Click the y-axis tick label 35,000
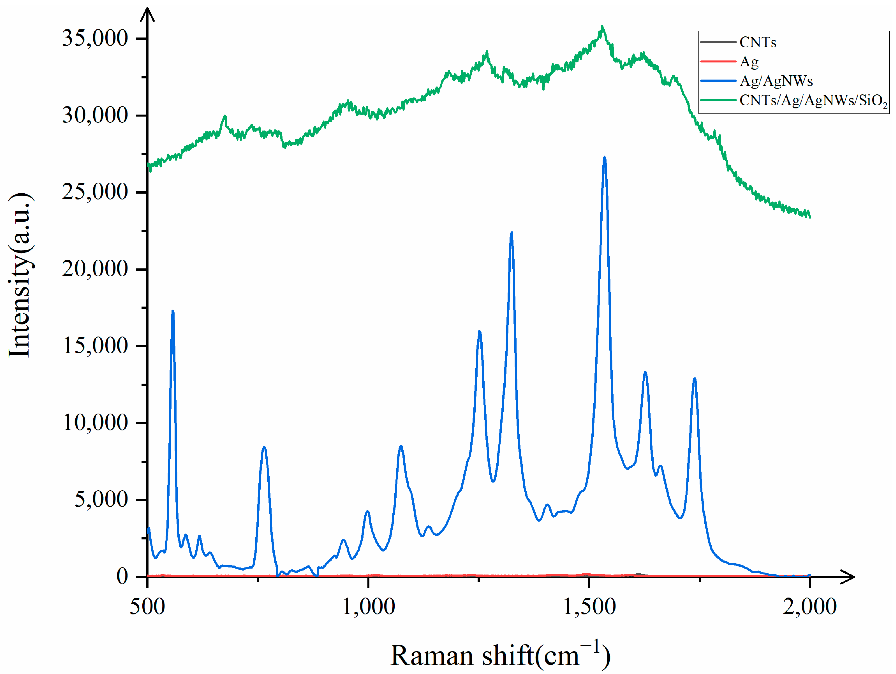pos(95,38)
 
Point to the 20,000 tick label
pos(95,269)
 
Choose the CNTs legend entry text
pos(757,42)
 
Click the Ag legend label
pos(749,62)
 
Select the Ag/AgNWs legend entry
pos(776,81)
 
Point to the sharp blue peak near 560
pos(173,312)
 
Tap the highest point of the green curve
pos(602,27)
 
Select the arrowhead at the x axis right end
pos(848,576)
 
